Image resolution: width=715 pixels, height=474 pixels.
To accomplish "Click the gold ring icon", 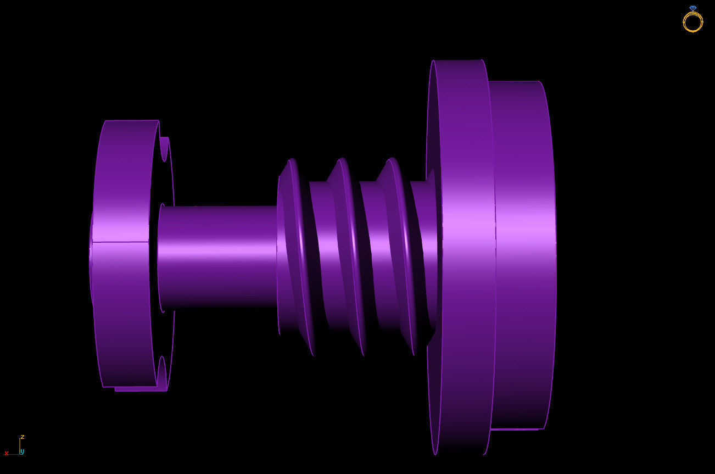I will (x=692, y=21).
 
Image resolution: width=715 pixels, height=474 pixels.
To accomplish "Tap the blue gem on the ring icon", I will (x=692, y=8).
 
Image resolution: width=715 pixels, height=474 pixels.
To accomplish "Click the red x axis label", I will (x=7, y=453).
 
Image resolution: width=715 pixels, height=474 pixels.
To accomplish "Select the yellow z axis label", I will (x=22, y=437).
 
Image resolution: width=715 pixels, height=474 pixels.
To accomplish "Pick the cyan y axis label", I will (x=22, y=451).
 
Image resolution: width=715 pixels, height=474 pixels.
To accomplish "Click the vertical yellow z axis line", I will (x=20, y=445).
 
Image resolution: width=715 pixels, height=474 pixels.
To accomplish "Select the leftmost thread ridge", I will (x=297, y=253).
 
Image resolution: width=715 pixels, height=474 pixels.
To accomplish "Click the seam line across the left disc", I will (x=121, y=242).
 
